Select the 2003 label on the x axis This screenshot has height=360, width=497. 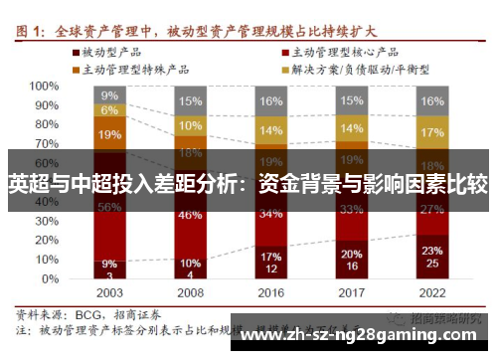(x=110, y=293)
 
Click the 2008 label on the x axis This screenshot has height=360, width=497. (x=190, y=293)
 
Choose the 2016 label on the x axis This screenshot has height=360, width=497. (x=270, y=293)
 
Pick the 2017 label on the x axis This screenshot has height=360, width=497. (x=351, y=293)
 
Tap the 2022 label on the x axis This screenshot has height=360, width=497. (x=431, y=293)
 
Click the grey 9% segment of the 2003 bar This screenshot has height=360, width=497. (x=110, y=94)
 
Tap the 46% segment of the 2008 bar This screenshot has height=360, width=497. (x=190, y=215)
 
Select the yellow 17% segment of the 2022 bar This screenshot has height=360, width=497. (x=431, y=132)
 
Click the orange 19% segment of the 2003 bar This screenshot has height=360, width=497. (x=110, y=134)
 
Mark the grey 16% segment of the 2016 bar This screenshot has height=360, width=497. (x=270, y=101)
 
